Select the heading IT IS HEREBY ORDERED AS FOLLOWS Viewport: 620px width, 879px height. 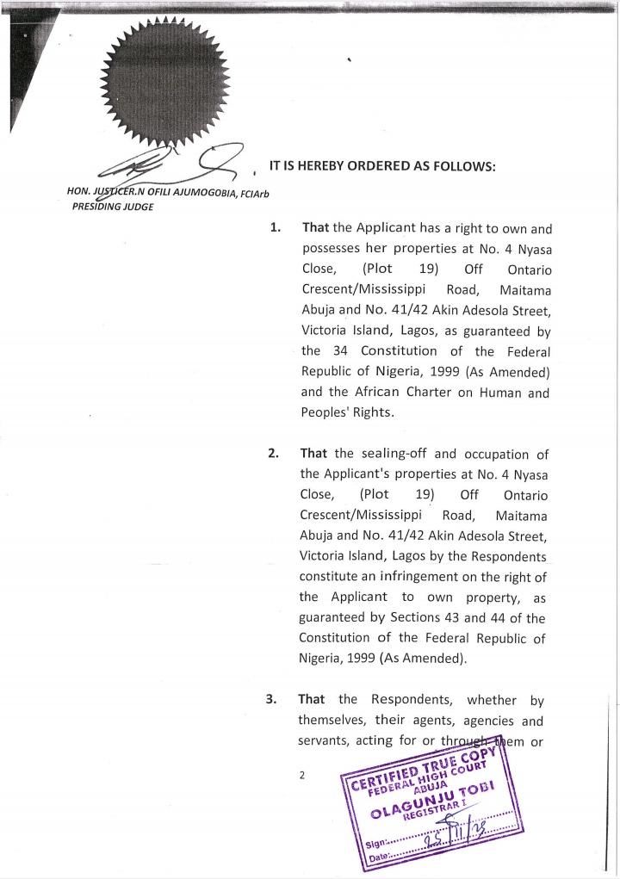click(x=381, y=165)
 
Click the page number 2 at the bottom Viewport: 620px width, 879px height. click(x=301, y=775)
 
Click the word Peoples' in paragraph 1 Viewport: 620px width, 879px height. click(x=330, y=412)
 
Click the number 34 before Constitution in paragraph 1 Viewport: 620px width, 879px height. click(x=339, y=351)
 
